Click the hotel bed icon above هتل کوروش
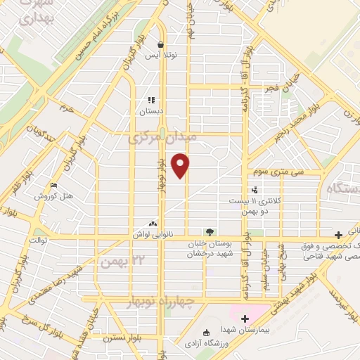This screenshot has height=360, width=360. click(53, 186)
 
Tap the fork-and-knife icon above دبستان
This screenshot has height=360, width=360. click(150, 100)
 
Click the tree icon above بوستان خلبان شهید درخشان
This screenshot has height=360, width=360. click(208, 232)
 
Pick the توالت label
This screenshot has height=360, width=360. click(37, 240)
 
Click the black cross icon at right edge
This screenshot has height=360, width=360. click(339, 234)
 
